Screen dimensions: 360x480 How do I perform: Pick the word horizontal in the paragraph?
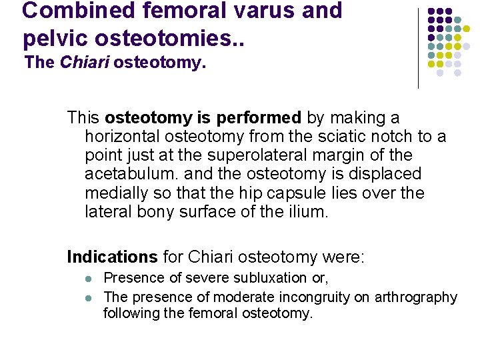pyautogui.click(x=124, y=137)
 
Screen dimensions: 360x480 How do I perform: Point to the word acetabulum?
pyautogui.click(x=124, y=174)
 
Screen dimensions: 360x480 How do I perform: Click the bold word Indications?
pyautogui.click(x=112, y=257)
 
